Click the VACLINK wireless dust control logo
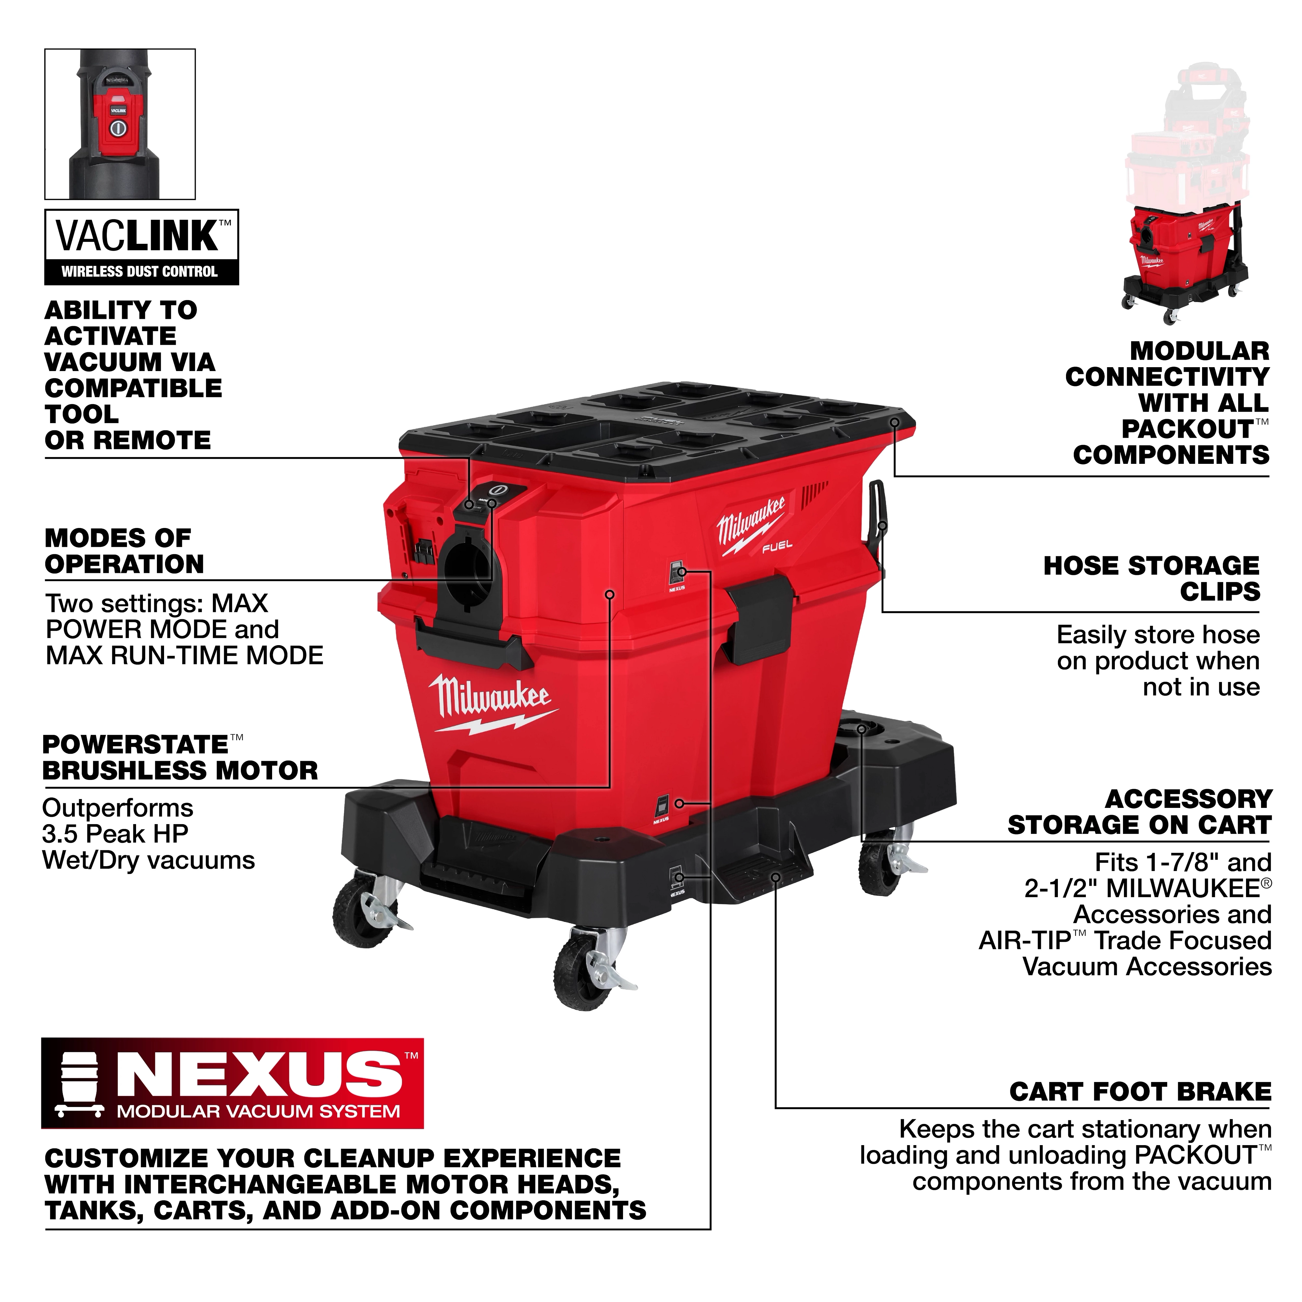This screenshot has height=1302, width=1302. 142,247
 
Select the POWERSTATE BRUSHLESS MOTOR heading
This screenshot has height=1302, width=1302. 179,757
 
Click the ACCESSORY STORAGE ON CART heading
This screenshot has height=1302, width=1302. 1139,812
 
